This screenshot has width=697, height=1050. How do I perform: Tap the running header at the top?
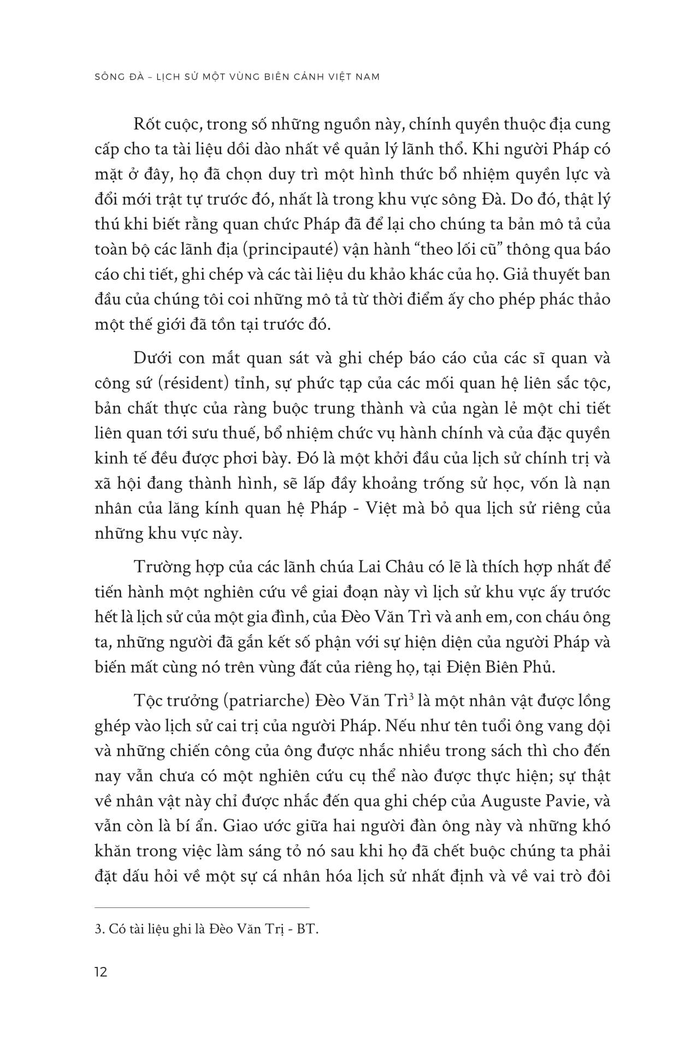[237, 76]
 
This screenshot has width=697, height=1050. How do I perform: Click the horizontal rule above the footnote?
[202, 906]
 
